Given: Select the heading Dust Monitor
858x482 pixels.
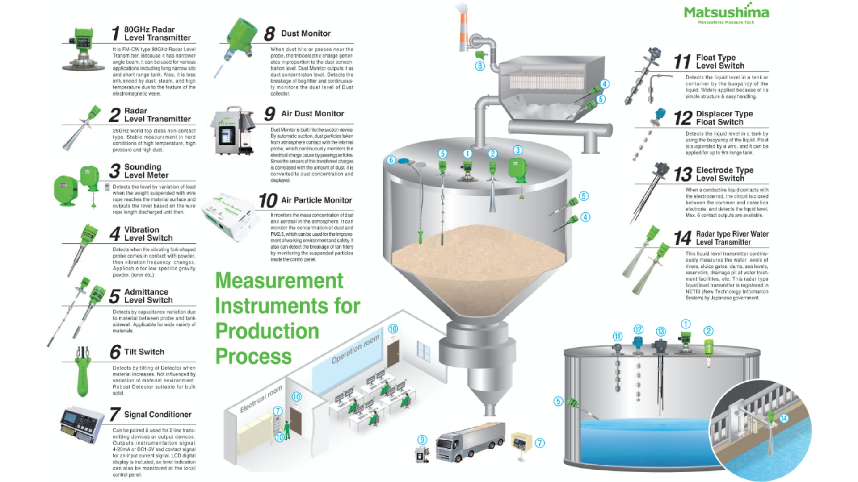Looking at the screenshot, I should [306, 33].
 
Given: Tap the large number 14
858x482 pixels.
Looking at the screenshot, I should [682, 238].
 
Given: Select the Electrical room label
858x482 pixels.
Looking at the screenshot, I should [261, 399].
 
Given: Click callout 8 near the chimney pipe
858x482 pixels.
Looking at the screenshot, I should [479, 66].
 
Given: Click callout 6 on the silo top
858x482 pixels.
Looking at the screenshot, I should [391, 160].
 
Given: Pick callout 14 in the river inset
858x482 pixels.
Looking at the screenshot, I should [784, 418].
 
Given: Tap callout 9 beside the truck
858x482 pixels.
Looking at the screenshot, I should [422, 440].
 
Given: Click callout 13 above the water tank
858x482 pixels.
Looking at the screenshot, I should [660, 331].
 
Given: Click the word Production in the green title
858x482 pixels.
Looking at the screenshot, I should [267, 331].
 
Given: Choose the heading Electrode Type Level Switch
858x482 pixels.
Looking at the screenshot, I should [724, 174].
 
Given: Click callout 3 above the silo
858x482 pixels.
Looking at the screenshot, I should [517, 150].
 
